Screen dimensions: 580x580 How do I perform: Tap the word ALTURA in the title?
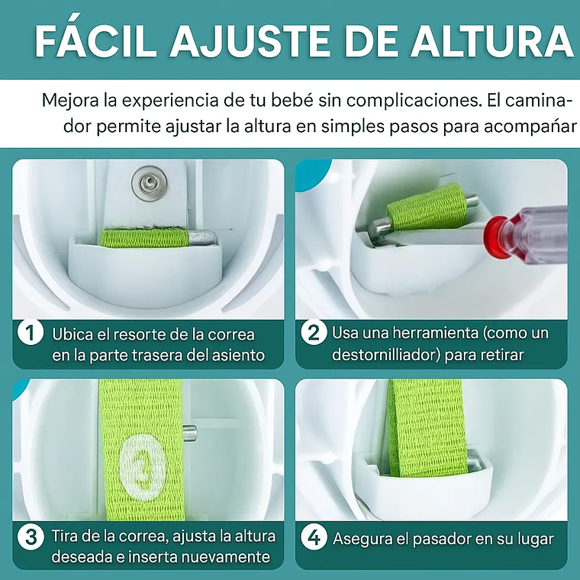coord(492,40)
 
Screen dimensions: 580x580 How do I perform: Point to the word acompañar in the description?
coord(530,127)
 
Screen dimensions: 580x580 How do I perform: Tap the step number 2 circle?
coord(314,332)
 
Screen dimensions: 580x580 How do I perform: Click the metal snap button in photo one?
coord(150,183)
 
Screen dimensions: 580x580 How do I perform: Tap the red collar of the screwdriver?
coord(498,237)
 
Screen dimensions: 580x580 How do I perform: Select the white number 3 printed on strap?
coord(143,468)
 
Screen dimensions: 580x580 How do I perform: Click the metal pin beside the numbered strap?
coord(190,433)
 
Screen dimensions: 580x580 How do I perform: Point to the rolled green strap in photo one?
coord(145,237)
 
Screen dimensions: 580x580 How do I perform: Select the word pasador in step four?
coord(441,540)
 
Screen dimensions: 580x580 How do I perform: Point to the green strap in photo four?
coord(428,427)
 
